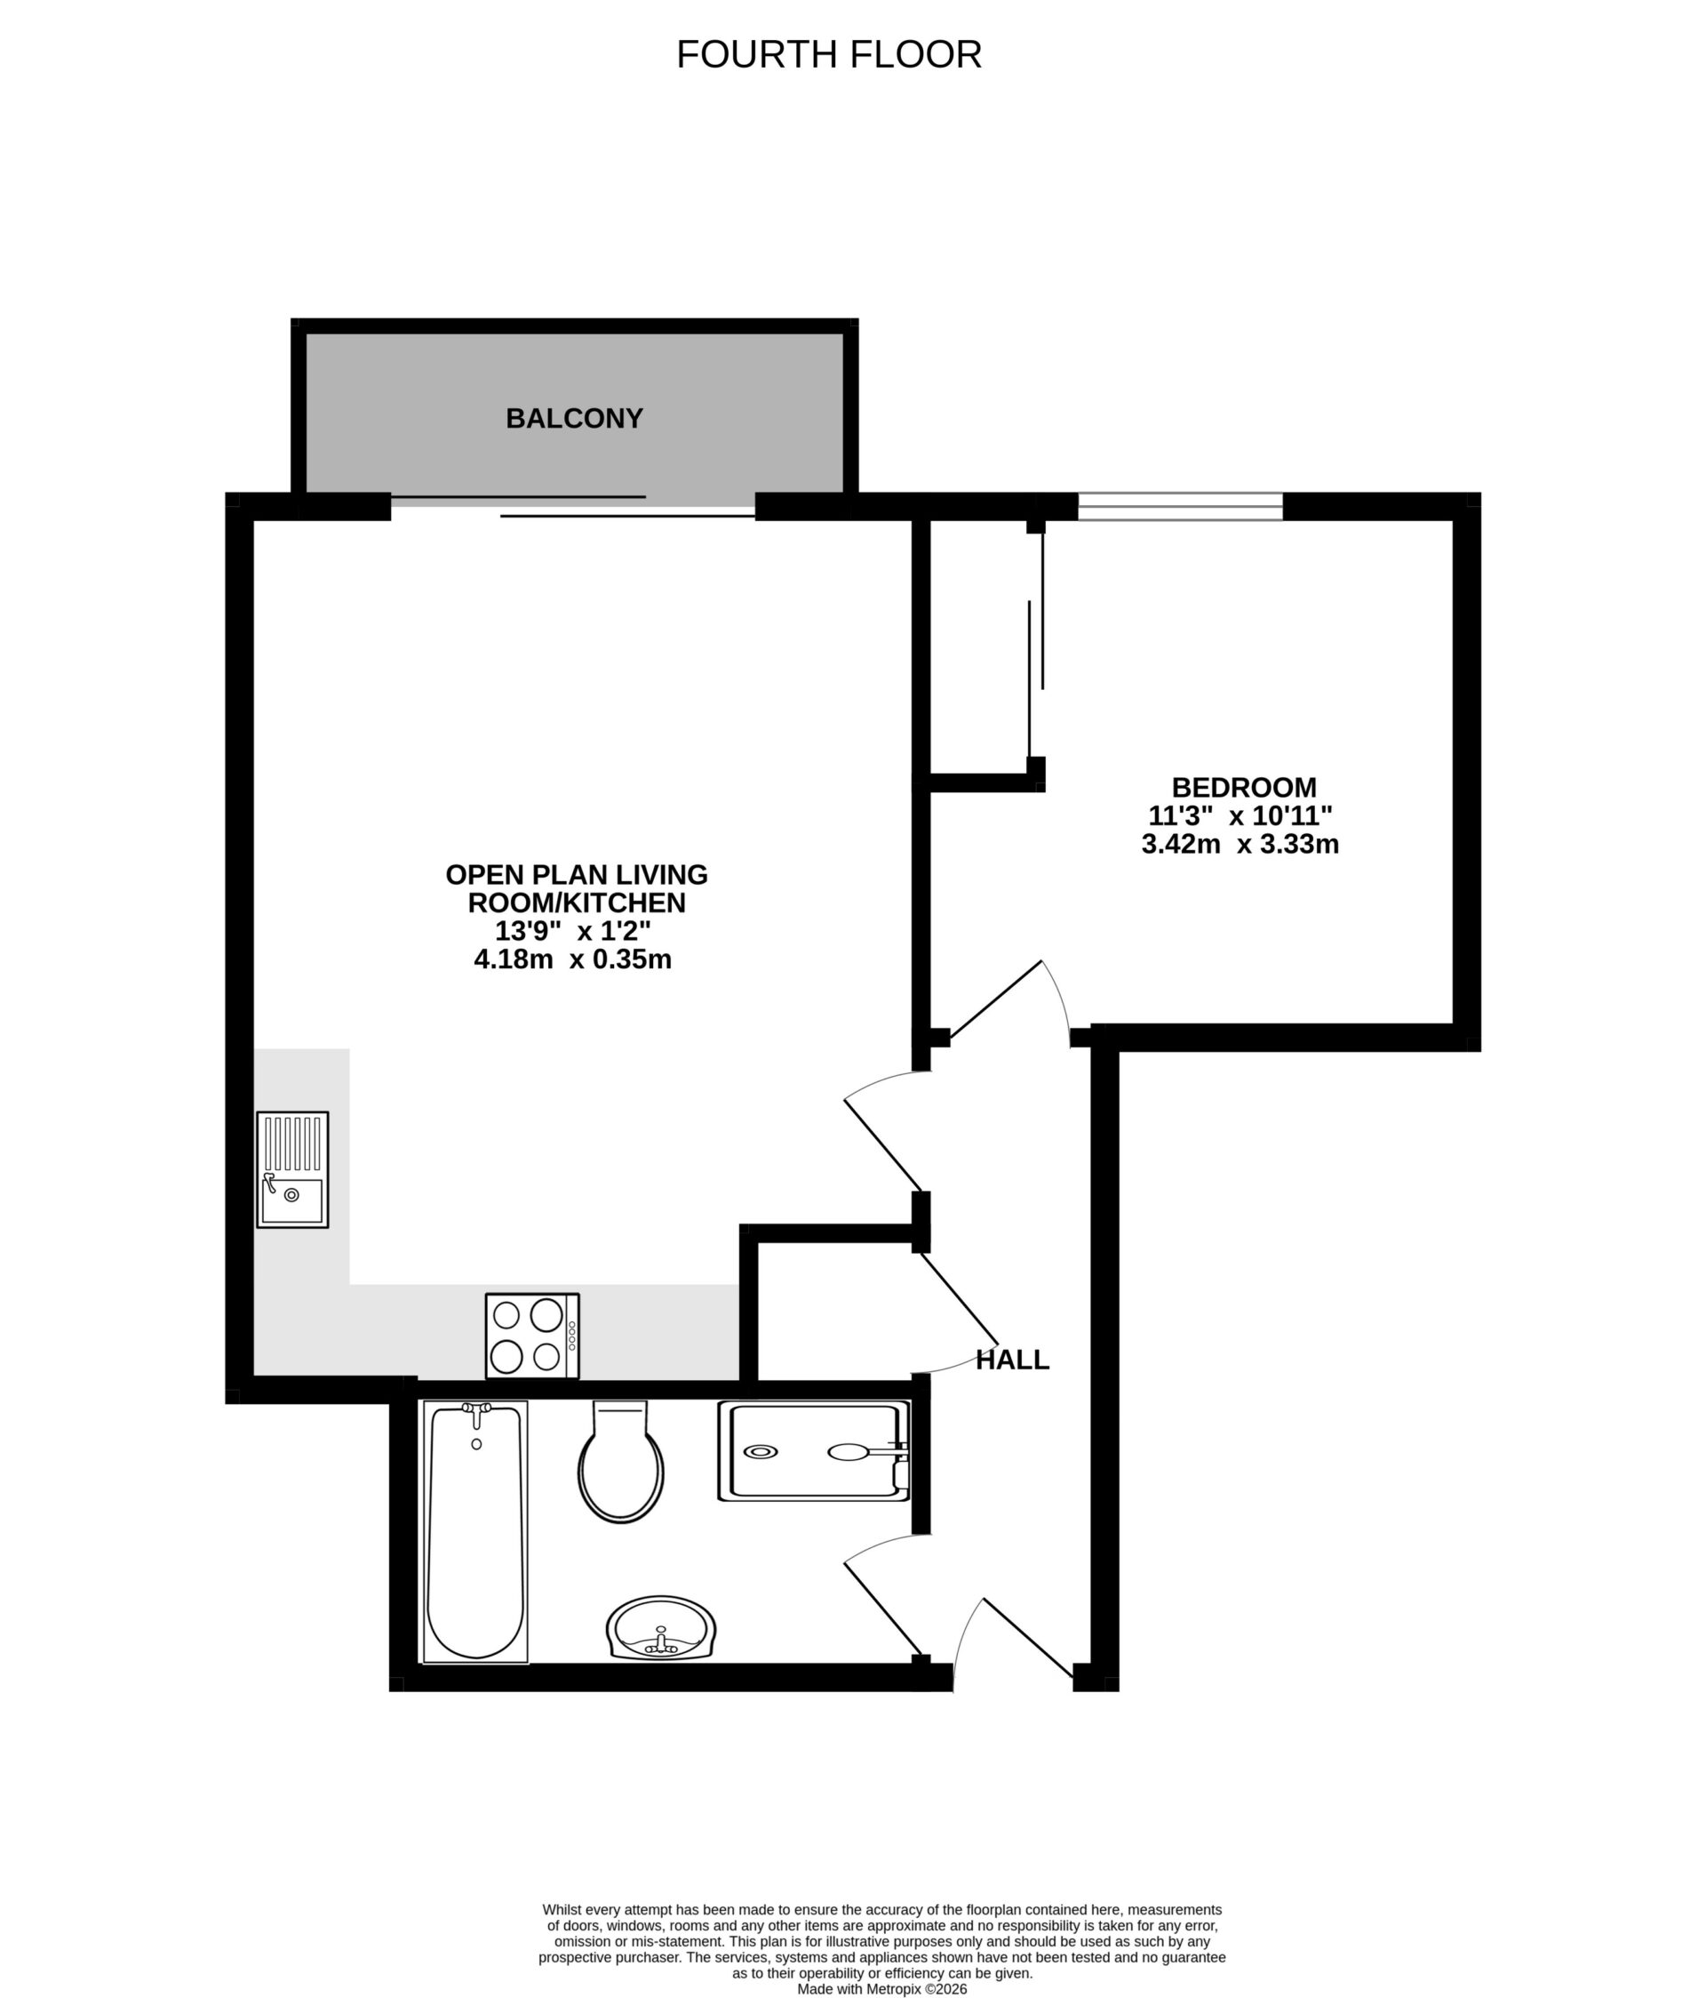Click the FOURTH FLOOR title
(828, 55)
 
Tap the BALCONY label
(575, 419)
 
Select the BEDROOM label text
(1243, 787)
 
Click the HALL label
(1012, 1360)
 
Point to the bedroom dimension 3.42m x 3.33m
(1240, 845)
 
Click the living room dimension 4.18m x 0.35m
(572, 959)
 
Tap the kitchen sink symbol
(292, 1169)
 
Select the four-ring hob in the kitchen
(532, 1336)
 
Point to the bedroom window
(1180, 506)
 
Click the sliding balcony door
(572, 507)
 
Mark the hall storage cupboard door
(959, 1297)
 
